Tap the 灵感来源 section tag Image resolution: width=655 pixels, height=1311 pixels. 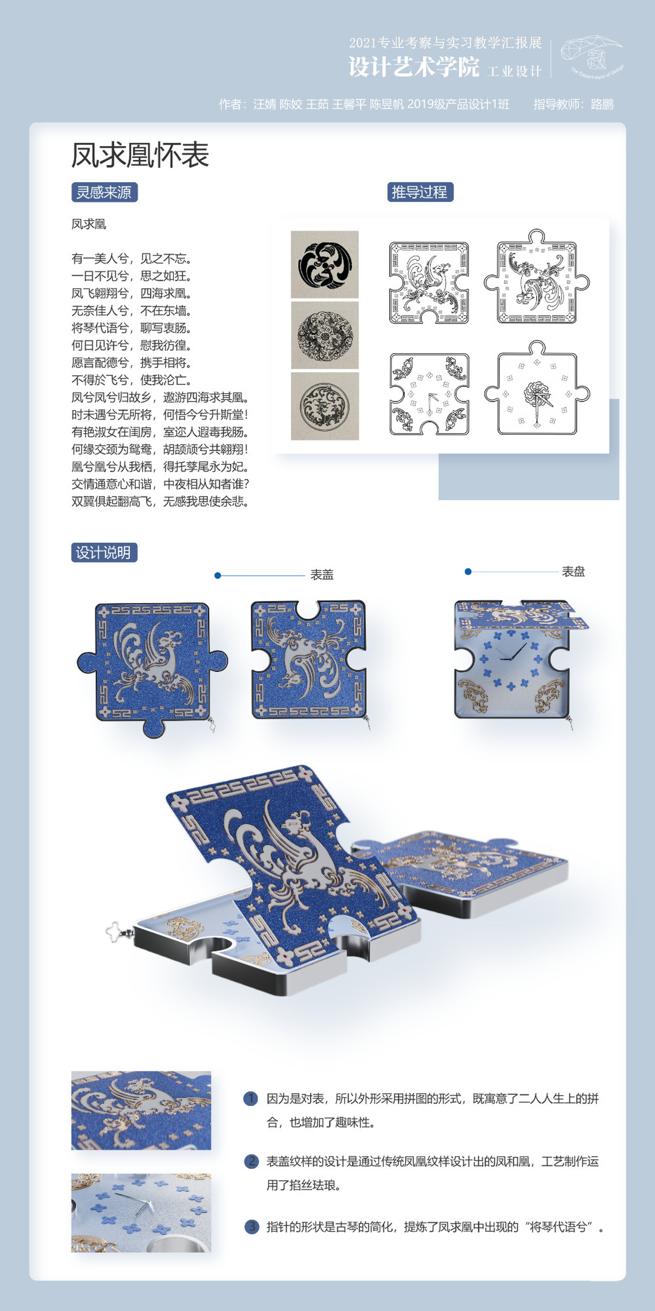(104, 193)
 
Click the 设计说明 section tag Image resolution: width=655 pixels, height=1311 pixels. (104, 552)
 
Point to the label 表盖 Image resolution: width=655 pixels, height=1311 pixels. (322, 575)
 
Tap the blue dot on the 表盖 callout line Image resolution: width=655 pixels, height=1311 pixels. (218, 575)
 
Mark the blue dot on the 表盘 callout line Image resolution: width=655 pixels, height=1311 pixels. (468, 571)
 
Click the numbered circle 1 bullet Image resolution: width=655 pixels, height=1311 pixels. (251, 1098)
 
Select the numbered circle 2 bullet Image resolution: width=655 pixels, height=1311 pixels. (252, 1161)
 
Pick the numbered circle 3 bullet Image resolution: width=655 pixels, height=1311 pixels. (252, 1226)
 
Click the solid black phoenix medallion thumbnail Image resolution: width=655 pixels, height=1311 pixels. (325, 265)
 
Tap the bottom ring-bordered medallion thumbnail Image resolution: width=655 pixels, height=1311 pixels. (325, 406)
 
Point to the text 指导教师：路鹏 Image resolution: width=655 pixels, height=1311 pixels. (574, 104)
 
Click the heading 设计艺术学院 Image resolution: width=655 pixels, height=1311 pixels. (414, 67)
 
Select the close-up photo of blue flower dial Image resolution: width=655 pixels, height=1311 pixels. (141, 1213)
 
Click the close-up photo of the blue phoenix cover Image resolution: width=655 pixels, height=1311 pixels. (141, 1111)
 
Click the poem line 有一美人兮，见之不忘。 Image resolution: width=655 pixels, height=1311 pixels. (132, 258)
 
